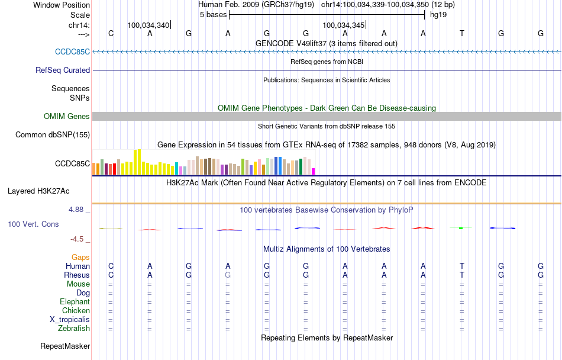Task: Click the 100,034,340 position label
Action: click(x=148, y=25)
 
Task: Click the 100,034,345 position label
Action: click(x=344, y=25)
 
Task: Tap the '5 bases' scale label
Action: click(x=213, y=14)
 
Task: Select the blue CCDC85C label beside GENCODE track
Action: click(x=72, y=52)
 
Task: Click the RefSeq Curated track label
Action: click(x=63, y=70)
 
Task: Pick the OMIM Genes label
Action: click(x=67, y=117)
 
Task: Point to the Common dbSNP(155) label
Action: click(x=53, y=134)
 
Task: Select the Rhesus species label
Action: click(x=77, y=275)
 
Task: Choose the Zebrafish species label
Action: click(x=74, y=328)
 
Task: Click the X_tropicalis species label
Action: click(x=70, y=319)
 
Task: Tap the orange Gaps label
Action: click(x=80, y=257)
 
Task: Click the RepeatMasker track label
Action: click(x=65, y=346)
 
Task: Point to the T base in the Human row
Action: click(x=462, y=266)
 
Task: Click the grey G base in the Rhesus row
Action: click(x=228, y=275)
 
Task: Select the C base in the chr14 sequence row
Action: click(x=111, y=34)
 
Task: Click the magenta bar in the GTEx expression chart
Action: click(x=314, y=171)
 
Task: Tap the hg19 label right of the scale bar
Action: click(x=438, y=14)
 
